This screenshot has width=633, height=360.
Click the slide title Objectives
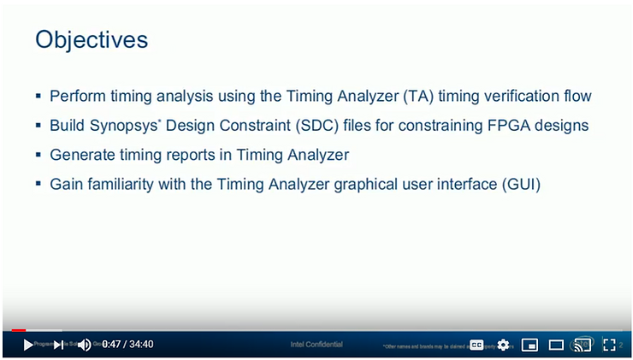click(92, 39)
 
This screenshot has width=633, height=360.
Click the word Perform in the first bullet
click(77, 97)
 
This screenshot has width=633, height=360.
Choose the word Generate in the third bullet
click(82, 155)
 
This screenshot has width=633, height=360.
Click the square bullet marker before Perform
click(38, 97)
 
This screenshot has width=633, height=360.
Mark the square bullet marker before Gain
click(38, 184)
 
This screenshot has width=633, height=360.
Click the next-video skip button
click(58, 345)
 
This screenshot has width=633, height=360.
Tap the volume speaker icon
click(84, 345)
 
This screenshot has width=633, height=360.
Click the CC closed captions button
click(476, 345)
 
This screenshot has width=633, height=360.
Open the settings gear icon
click(503, 345)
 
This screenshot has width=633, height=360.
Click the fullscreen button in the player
click(609, 345)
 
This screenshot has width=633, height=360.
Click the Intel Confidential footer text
click(316, 345)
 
